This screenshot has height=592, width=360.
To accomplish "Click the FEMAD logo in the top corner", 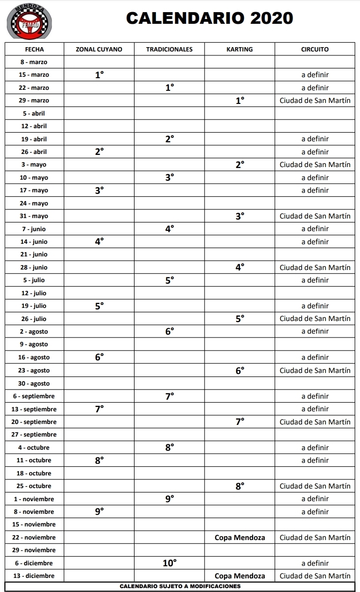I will pyautogui.click(x=30, y=22).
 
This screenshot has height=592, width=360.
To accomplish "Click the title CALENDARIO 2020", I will pyautogui.click(x=209, y=18).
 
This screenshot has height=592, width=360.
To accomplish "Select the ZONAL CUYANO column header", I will pyautogui.click(x=99, y=49).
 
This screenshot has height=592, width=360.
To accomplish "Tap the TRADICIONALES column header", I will pyautogui.click(x=169, y=49).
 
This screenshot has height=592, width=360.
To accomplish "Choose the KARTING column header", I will pyautogui.click(x=240, y=49).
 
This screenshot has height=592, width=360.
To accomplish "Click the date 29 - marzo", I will pyautogui.click(x=34, y=101).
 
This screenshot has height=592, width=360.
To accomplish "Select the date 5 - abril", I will pyautogui.click(x=34, y=113).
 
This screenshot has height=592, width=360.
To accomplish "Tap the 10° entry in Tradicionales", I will pyautogui.click(x=170, y=563).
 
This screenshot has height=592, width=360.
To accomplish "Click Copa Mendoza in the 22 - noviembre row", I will pyautogui.click(x=240, y=538).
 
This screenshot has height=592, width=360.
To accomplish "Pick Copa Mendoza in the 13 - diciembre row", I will pyautogui.click(x=240, y=576).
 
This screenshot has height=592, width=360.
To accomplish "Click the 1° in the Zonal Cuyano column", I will pyautogui.click(x=99, y=75).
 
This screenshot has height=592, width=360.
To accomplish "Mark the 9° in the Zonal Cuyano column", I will pyautogui.click(x=99, y=511).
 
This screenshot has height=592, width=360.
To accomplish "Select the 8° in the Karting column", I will pyautogui.click(x=240, y=486).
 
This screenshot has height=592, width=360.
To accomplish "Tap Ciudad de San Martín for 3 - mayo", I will pyautogui.click(x=315, y=165).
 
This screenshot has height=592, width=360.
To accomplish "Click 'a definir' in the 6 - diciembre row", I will pyautogui.click(x=315, y=563).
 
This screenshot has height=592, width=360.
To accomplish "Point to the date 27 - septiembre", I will pyautogui.click(x=34, y=435).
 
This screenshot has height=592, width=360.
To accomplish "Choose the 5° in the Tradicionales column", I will pyautogui.click(x=170, y=280).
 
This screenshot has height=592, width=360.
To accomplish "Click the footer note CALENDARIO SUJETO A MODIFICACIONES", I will pyautogui.click(x=180, y=586).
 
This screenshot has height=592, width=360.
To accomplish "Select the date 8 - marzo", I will pyautogui.click(x=34, y=62).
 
